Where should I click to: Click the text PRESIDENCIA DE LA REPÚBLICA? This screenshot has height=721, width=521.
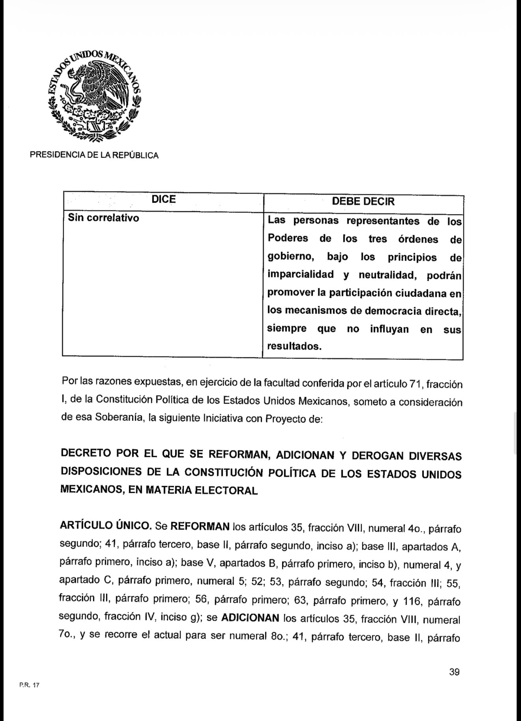pyautogui.click(x=94, y=156)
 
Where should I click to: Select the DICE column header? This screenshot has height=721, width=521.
pyautogui.click(x=163, y=199)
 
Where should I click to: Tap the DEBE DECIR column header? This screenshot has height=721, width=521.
pyautogui.click(x=363, y=201)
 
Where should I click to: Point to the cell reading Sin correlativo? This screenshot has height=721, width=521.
pyautogui.click(x=103, y=218)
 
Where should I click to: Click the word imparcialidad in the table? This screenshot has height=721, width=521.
pyautogui.click(x=300, y=274)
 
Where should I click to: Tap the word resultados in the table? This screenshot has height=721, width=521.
pyautogui.click(x=294, y=346)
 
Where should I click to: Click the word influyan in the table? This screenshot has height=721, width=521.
pyautogui.click(x=389, y=329)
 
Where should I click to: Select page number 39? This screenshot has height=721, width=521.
pyautogui.click(x=454, y=672)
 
